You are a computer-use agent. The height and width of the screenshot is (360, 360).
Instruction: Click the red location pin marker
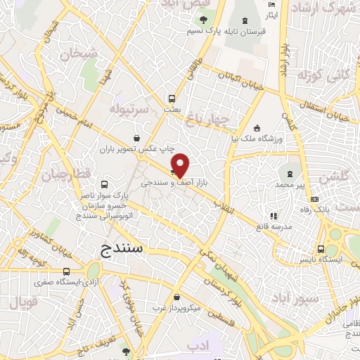181,165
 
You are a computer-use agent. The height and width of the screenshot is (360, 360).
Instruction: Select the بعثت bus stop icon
171,99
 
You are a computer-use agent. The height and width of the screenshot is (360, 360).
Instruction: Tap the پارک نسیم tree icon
203,20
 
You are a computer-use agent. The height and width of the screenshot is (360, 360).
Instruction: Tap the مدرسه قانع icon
274,217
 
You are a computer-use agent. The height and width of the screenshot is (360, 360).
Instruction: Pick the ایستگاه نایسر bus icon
321,249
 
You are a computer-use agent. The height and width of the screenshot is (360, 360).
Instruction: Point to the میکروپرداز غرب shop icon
176,298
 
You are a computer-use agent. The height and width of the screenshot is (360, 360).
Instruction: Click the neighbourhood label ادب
201,346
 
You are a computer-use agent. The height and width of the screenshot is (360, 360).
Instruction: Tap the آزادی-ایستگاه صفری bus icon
66,271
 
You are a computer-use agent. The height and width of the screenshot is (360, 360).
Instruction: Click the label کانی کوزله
314,75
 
